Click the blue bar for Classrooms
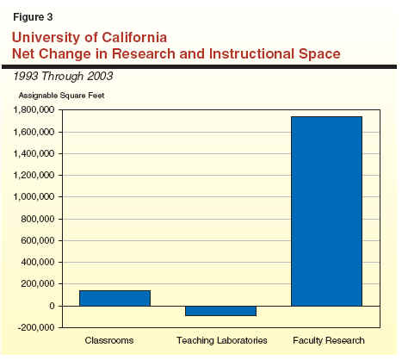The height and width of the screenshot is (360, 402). click(x=114, y=298)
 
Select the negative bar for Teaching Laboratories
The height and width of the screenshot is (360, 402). click(x=220, y=311)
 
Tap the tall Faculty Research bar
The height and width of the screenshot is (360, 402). click(x=326, y=211)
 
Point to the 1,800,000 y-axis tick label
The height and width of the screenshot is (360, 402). click(x=34, y=109)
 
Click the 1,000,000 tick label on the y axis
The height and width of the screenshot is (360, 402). click(x=34, y=197)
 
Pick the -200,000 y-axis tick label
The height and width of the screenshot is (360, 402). click(x=36, y=327)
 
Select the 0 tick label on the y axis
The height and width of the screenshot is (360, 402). click(x=52, y=306)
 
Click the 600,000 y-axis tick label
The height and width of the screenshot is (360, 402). click(x=38, y=240)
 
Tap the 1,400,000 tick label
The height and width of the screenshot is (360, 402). click(x=34, y=153)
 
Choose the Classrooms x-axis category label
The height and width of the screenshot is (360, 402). click(x=109, y=340)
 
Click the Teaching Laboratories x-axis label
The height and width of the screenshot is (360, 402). click(x=222, y=340)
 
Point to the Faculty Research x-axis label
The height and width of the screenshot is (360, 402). click(x=329, y=340)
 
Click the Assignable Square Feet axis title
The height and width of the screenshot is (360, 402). click(x=61, y=96)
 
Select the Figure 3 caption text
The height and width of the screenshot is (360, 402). click(x=33, y=17)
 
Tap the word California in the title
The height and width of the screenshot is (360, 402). click(x=134, y=38)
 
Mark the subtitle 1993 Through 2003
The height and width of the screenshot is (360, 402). click(x=63, y=77)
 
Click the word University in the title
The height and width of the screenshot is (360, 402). click(x=46, y=38)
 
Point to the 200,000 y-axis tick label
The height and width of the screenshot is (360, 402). click(x=38, y=284)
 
